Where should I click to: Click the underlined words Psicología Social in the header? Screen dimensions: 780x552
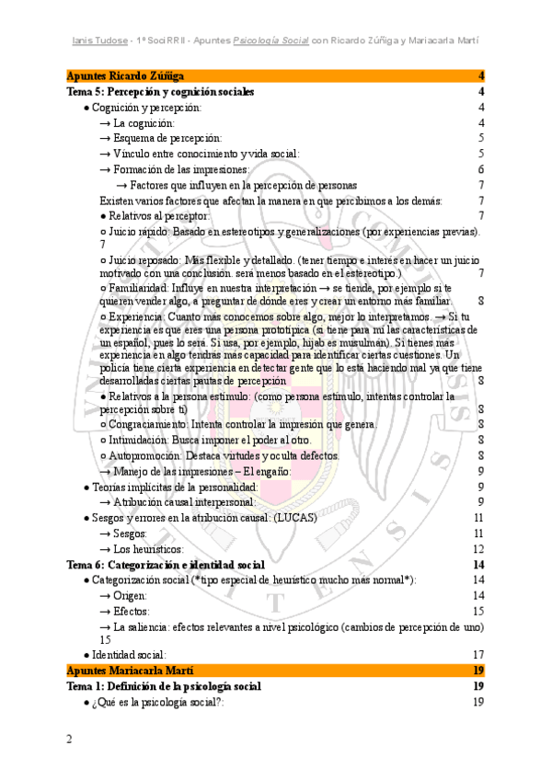click(271, 40)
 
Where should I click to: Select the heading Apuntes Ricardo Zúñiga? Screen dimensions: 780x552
click(125, 75)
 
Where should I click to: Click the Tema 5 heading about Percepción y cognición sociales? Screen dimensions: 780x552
click(161, 92)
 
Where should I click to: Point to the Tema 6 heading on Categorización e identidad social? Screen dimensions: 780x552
click(167, 564)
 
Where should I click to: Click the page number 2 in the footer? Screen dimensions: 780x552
click(69, 740)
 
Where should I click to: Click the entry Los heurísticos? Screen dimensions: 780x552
click(155, 548)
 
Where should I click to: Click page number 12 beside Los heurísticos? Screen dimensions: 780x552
click(478, 548)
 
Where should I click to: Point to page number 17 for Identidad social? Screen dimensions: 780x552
click(478, 654)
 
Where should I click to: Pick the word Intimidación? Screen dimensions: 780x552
click(140, 440)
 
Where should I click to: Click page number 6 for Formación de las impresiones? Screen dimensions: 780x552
click(481, 170)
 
